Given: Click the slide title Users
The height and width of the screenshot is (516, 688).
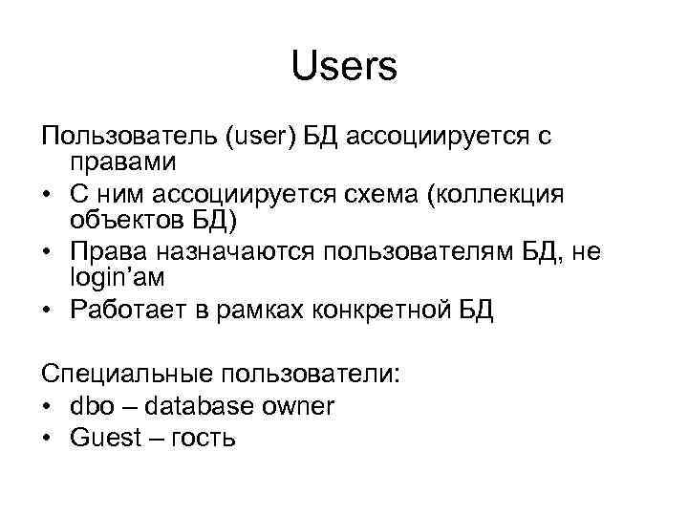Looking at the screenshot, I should pyautogui.click(x=343, y=67).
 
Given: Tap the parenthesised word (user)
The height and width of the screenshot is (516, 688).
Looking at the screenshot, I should pyautogui.click(x=262, y=138).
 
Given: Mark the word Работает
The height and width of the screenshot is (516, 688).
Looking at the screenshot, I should pyautogui.click(x=130, y=311).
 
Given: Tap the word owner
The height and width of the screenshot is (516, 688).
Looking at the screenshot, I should pyautogui.click(x=299, y=405).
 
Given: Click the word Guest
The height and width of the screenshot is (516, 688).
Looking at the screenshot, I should pyautogui.click(x=102, y=438).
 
